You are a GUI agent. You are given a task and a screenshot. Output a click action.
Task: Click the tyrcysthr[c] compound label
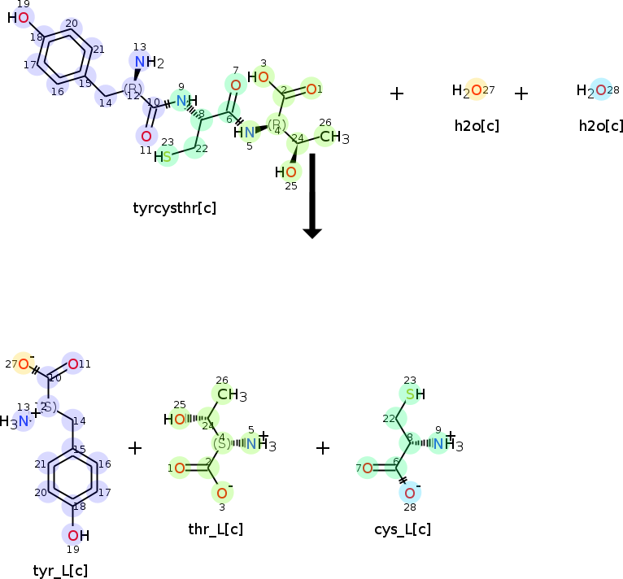(174, 207)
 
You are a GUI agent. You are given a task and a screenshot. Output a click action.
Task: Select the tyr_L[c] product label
(60, 570)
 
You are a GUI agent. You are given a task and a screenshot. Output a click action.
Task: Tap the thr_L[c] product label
(216, 529)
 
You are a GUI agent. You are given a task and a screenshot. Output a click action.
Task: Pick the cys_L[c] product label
(403, 529)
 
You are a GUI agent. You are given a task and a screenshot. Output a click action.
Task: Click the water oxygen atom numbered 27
(477, 90)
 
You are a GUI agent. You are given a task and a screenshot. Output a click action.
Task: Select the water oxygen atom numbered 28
(600, 90)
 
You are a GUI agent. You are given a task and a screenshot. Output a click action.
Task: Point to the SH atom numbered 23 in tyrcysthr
(165, 156)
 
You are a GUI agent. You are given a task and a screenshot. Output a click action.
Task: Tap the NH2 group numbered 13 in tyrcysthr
(146, 63)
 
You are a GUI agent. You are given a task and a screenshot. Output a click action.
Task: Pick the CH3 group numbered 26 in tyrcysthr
(332, 137)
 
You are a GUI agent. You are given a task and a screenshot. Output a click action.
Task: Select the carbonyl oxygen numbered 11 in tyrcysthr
(146, 136)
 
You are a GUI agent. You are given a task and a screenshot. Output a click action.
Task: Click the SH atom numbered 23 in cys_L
(413, 394)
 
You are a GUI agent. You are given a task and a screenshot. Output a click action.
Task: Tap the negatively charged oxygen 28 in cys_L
(409, 493)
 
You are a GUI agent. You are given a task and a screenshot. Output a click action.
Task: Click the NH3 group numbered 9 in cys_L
(446, 444)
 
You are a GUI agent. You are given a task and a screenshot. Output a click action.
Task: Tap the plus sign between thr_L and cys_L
(323, 448)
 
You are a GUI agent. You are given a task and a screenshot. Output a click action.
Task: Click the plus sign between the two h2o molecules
(521, 94)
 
